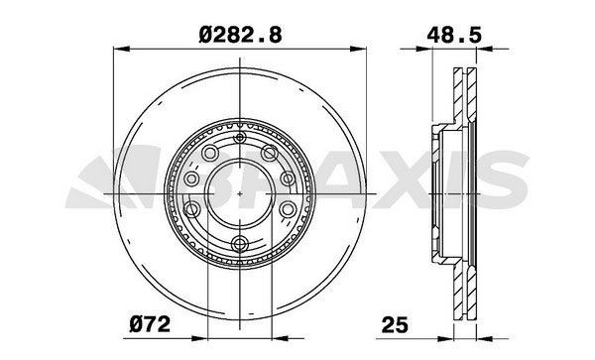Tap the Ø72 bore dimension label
(x=151, y=322)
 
